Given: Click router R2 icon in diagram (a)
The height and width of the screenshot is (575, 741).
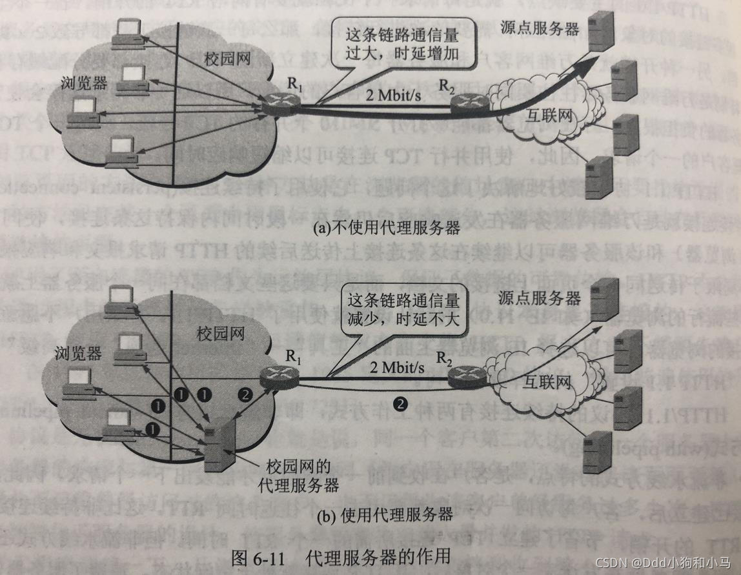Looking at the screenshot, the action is (x=466, y=102).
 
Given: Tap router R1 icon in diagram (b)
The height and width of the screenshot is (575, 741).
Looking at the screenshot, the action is (x=280, y=374).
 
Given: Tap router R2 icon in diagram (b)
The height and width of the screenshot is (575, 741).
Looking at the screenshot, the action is (x=467, y=374).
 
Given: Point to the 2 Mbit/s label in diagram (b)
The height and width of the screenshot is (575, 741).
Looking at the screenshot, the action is (x=397, y=368).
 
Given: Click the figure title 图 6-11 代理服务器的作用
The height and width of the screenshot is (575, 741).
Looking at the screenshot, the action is (x=340, y=556).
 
